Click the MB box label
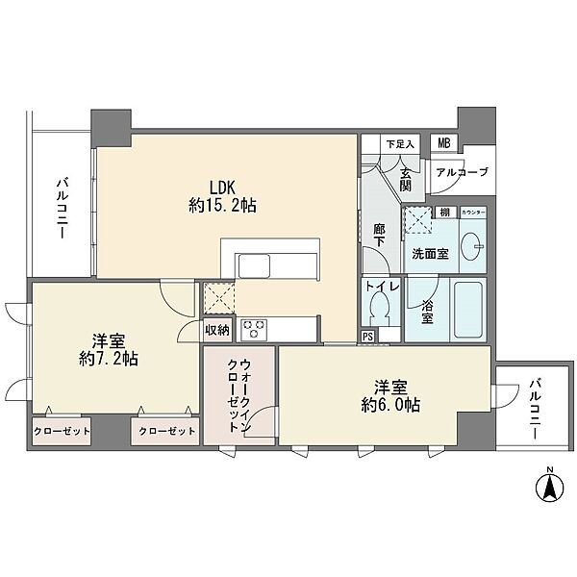coord(443,143)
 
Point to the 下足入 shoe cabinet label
coord(400,144)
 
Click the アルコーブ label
coord(462,172)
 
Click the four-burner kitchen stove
coord(254,327)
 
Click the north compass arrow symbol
coord(549,488)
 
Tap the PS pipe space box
coord(368,336)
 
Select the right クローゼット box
coord(163,431)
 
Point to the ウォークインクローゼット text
coord(238,394)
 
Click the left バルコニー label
coord(61,211)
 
